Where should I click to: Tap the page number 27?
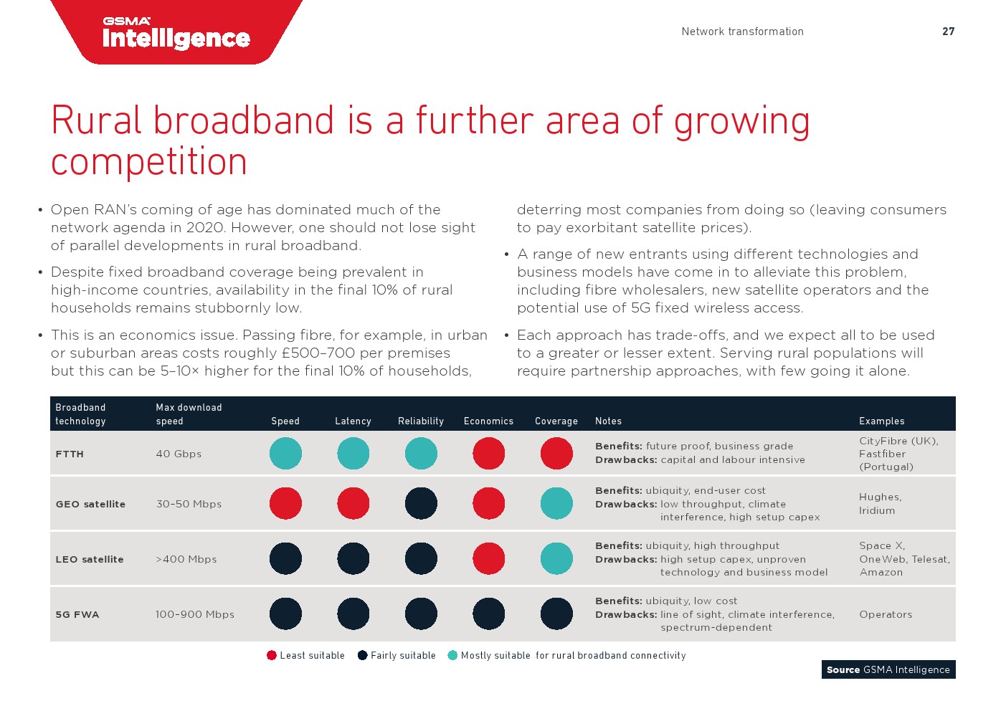click(948, 32)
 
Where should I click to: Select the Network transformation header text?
click(742, 32)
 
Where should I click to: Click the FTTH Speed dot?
click(285, 454)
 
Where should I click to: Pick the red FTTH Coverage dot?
click(556, 454)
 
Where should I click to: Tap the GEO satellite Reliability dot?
click(421, 504)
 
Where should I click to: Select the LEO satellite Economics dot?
click(488, 559)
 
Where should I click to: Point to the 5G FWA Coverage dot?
click(556, 614)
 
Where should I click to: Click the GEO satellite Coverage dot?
click(556, 504)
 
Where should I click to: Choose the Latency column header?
click(353, 421)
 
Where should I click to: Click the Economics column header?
click(488, 421)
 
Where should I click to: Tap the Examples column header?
click(882, 421)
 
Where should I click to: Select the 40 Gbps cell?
click(179, 454)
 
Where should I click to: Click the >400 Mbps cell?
click(186, 559)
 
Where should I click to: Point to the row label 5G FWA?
click(77, 614)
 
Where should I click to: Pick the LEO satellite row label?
click(90, 559)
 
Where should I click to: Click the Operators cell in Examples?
click(886, 614)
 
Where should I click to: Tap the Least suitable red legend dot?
click(271, 655)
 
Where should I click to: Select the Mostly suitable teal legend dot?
click(452, 655)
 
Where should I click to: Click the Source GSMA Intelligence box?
click(888, 669)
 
